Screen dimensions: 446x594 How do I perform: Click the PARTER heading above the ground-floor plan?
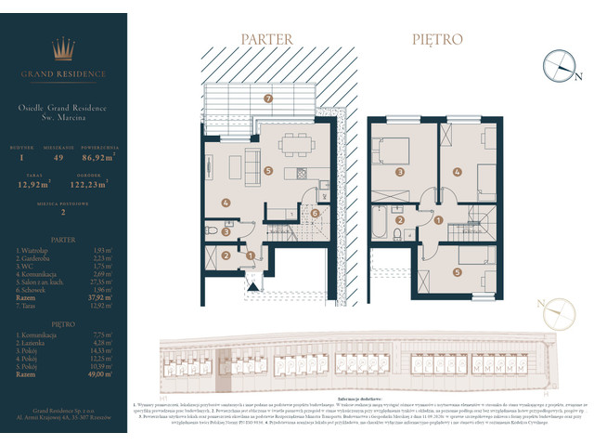(266, 40)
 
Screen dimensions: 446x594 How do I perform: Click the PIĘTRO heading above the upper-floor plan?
(437, 40)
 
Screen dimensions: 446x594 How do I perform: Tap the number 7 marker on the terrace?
(267, 98)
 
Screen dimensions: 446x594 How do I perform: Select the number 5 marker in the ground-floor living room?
(267, 171)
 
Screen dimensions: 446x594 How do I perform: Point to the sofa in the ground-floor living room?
(252, 167)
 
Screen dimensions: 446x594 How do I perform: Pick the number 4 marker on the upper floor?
(458, 172)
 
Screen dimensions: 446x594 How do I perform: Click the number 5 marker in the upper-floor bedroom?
(458, 272)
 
